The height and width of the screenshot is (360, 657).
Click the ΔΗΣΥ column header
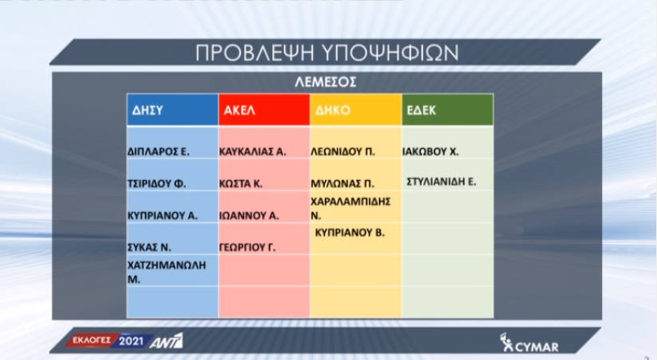pos(173,110)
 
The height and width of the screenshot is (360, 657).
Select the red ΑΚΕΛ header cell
pos(264,110)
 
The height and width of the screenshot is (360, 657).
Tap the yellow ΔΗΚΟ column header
pos(356,110)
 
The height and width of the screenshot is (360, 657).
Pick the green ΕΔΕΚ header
pos(448,110)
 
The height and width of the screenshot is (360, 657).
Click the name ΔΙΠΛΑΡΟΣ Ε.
pos(158,151)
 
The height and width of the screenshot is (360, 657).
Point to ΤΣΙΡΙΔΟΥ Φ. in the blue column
pos(157,183)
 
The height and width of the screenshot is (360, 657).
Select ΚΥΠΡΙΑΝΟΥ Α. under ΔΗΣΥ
pos(162,215)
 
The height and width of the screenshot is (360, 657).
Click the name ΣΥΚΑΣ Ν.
pos(149,247)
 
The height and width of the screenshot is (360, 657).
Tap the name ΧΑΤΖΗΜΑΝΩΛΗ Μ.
pos(166,272)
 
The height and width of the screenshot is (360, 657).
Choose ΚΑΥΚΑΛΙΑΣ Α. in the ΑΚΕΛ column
pos(252,151)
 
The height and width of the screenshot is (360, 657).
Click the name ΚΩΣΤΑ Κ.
pos(241,183)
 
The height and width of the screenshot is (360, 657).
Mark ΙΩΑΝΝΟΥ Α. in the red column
pos(249,215)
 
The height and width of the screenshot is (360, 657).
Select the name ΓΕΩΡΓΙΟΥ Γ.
pos(247,247)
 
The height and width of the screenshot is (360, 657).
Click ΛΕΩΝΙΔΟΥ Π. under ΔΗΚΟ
pos(342,151)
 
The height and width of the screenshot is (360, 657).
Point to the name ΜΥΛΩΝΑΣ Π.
pos(342,183)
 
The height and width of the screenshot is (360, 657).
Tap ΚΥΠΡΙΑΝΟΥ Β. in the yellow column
pos(350,233)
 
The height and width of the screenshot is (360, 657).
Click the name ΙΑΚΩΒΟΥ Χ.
pos(431,151)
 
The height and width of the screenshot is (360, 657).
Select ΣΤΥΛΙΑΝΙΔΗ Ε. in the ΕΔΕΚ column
pos(442,182)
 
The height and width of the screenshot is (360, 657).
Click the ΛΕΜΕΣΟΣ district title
pos(326,81)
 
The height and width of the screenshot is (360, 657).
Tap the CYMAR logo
pos(530,342)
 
